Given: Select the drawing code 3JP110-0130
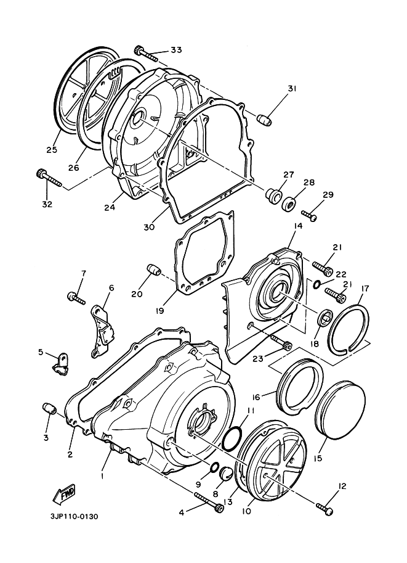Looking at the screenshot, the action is point(74,517).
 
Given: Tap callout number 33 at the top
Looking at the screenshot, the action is point(175,50).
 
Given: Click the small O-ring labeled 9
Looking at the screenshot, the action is point(214,467).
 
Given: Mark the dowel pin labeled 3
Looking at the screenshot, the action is point(49,409).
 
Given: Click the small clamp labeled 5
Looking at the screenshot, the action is point(60,364).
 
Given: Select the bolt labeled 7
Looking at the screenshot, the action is point(76,298).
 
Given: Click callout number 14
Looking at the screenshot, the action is point(298,226).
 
